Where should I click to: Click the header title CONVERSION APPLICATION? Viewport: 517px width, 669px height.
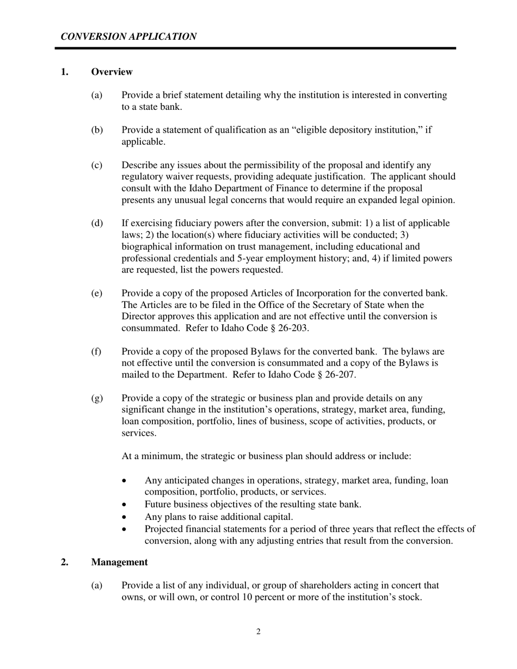pyautogui.click(x=128, y=36)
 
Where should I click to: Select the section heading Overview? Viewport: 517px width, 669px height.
pyautogui.click(x=112, y=72)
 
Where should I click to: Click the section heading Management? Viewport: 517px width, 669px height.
pyautogui.click(x=119, y=562)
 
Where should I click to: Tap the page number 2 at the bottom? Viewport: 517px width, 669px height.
pyautogui.click(x=258, y=631)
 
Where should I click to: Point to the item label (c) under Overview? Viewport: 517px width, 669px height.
pyautogui.click(x=96, y=165)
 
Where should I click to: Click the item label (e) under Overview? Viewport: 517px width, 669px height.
pyautogui.click(x=96, y=293)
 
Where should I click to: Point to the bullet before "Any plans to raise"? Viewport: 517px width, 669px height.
pyautogui.click(x=126, y=517)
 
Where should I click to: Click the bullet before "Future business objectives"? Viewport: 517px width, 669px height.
pyautogui.click(x=126, y=504)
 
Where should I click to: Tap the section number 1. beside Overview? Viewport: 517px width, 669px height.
pyautogui.click(x=65, y=72)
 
